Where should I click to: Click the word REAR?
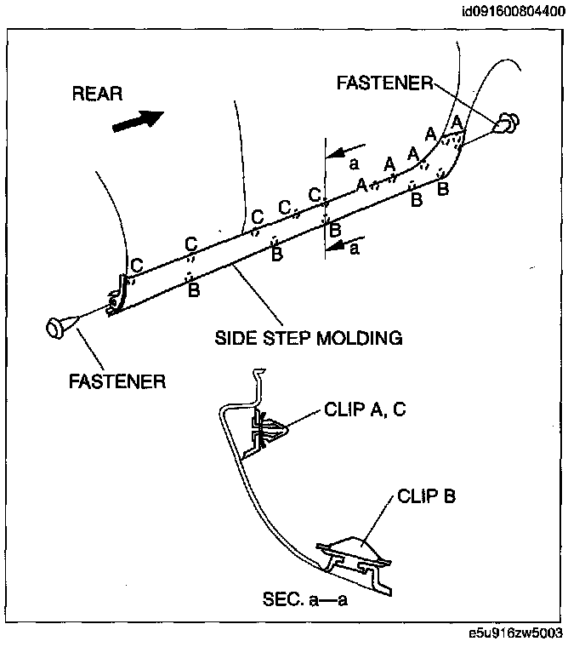tap(97, 94)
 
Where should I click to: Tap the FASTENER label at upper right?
tap(384, 83)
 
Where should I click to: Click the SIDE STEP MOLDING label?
tap(308, 338)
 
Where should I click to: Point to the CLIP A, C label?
tap(365, 409)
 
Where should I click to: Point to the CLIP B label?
tap(425, 495)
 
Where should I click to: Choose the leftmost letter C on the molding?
tap(136, 266)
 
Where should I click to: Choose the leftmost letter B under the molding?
tap(194, 291)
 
